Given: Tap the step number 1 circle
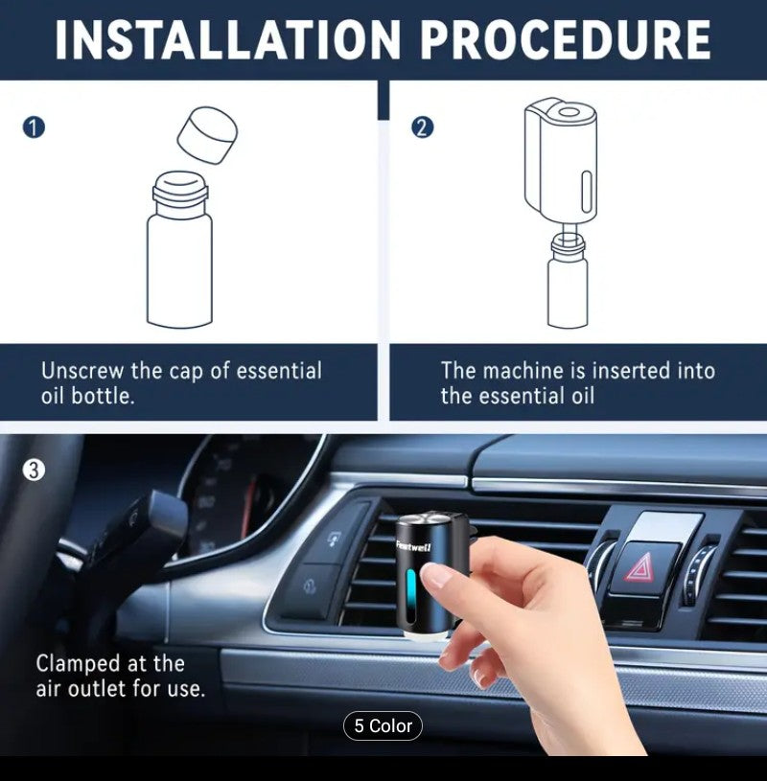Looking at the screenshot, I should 34,127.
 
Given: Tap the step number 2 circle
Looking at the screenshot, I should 423,127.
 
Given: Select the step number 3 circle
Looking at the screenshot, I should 34,470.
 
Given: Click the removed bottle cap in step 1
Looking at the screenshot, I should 207,134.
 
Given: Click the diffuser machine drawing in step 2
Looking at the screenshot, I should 560,158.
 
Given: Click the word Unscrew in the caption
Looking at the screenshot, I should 80,371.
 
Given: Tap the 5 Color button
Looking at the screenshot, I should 383,725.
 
